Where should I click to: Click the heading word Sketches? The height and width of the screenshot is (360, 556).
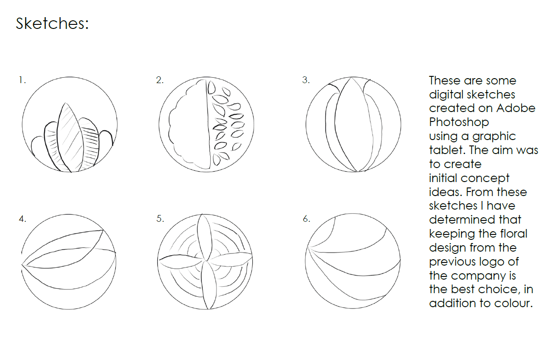click(52, 23)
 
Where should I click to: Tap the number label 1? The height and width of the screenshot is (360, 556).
click(22, 80)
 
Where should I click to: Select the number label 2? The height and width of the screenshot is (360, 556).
click(160, 80)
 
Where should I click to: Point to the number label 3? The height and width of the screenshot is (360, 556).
click(306, 80)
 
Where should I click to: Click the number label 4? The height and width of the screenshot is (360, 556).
click(22, 219)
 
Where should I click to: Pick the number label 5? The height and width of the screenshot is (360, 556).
click(160, 219)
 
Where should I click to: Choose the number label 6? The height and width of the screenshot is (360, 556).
click(306, 219)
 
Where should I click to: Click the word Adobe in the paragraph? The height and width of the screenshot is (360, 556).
click(516, 108)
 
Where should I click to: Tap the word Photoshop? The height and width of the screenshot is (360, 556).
click(459, 122)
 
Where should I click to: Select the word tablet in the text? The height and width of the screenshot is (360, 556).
click(446, 150)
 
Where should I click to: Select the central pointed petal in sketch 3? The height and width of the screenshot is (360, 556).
click(353, 124)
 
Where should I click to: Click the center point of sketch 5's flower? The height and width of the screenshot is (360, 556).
click(206, 261)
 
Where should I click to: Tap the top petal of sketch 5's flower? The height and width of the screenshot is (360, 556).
click(204, 237)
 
